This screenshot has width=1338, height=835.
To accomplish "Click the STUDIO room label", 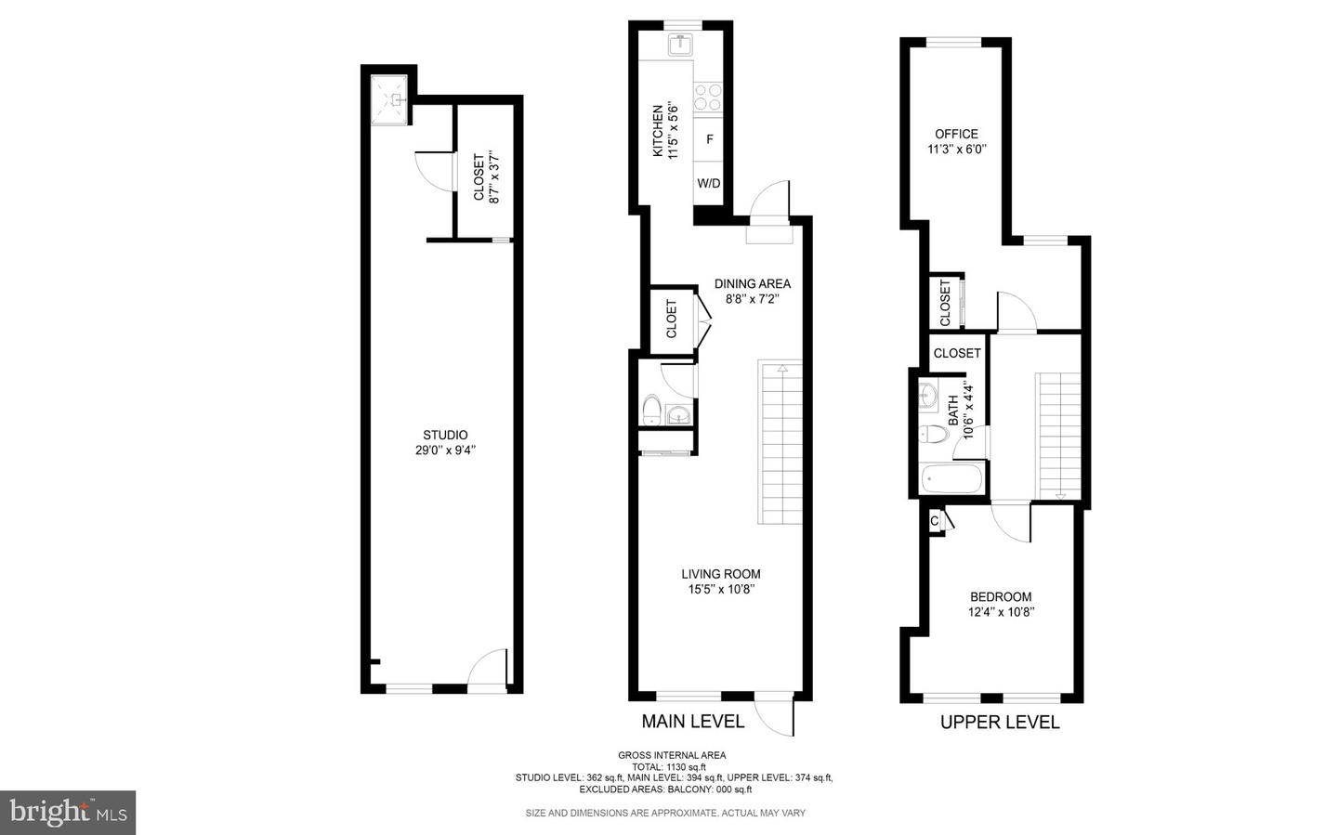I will point(445,435).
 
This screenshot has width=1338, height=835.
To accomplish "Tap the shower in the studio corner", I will point(390,99).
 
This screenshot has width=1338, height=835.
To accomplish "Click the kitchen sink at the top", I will point(681,44).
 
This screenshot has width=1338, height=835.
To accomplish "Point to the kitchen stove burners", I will point(708,97).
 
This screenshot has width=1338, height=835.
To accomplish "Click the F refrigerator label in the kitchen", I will point(709,139).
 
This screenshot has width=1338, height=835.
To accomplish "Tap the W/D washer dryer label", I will point(709,183).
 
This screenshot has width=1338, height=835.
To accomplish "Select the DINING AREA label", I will point(752,283).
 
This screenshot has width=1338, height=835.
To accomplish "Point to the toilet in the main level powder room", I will point(652,410).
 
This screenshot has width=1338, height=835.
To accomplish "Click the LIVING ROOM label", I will point(720,574).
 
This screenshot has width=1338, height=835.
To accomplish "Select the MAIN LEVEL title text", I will point(692,722).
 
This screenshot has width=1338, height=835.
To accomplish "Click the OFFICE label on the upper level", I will point(956,134).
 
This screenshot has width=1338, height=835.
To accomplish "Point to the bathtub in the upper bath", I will point(951,480).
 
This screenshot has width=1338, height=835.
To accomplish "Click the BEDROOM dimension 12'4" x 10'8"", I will point(1001,612).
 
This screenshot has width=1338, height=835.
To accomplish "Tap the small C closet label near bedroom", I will point(934,522).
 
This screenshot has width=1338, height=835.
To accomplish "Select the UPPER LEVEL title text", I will point(999,723).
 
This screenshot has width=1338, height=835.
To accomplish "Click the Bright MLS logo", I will point(68,813).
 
